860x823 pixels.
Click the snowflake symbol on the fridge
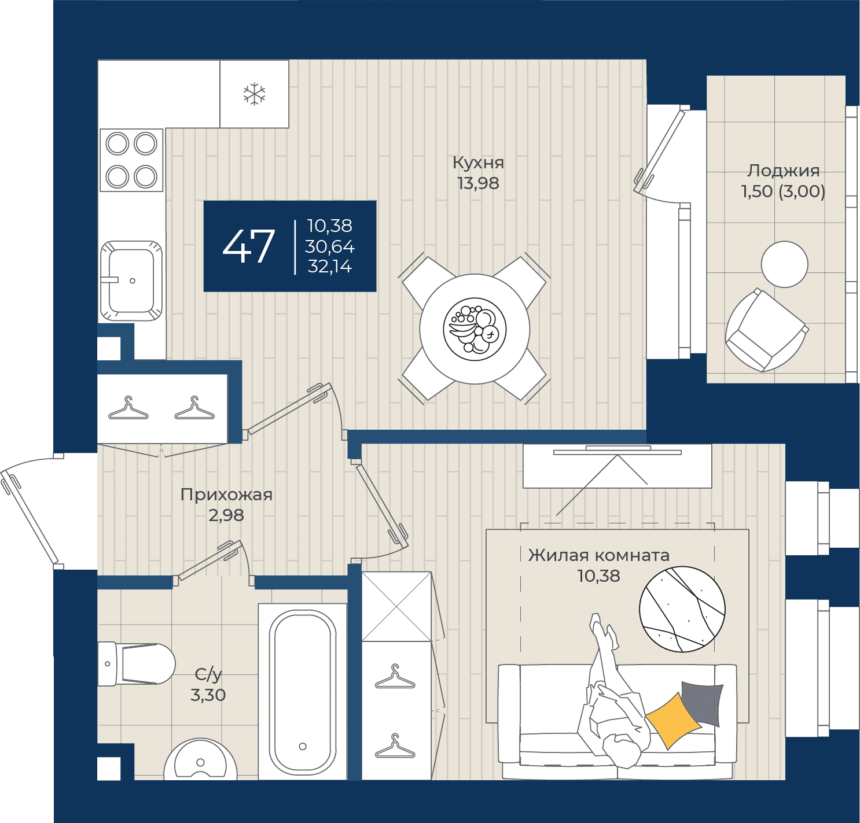pyautogui.click(x=255, y=94)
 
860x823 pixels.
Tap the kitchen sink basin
pyautogui.click(x=131, y=281)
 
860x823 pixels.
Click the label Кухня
pyautogui.click(x=478, y=163)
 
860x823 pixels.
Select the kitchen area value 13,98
pyautogui.click(x=478, y=183)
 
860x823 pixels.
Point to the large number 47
pyautogui.click(x=249, y=246)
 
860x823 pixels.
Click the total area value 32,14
pyautogui.click(x=330, y=267)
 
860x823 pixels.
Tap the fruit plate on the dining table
pyautogui.click(x=475, y=329)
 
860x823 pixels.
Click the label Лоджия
pyautogui.click(x=783, y=171)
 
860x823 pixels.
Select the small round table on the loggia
pyautogui.click(x=784, y=264)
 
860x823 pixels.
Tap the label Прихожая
pyautogui.click(x=226, y=494)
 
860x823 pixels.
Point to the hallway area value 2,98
pyautogui.click(x=226, y=515)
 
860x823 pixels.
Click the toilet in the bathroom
pyautogui.click(x=136, y=664)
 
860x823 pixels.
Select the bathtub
pyautogui.click(x=302, y=692)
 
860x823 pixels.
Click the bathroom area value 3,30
pyautogui.click(x=208, y=695)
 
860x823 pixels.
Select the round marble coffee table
pyautogui.click(x=682, y=609)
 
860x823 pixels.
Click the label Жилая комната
pyautogui.click(x=599, y=555)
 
